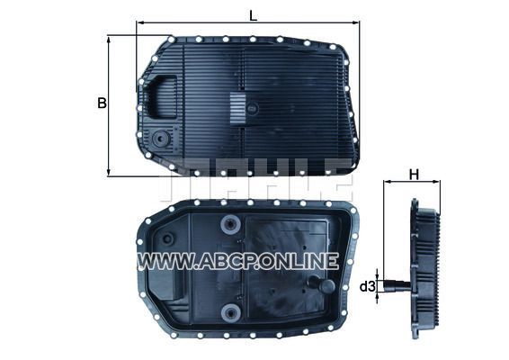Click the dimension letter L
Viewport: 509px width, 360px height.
(x=254, y=15)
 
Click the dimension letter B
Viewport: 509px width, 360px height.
(x=102, y=103)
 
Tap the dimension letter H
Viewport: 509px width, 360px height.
(x=414, y=175)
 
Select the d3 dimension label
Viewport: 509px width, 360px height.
(x=368, y=286)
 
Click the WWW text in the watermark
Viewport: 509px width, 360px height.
(x=162, y=261)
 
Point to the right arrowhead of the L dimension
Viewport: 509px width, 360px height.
(x=356, y=22)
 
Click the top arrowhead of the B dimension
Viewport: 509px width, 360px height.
(x=109, y=40)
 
